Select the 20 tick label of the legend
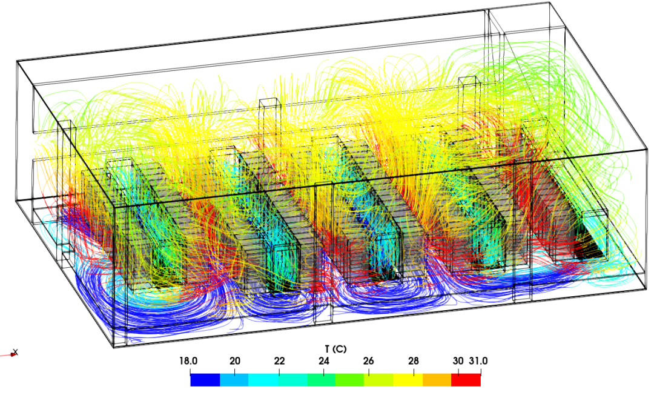pos(235,361)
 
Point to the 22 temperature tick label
pos(279,361)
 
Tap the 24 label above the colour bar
pos(324,361)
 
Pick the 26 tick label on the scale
pos(369,361)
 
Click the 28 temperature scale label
pos(414,361)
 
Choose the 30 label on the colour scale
pos(458,361)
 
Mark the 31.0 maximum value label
pos(478,361)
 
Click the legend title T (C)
pos(335,349)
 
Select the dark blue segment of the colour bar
pos(205,380)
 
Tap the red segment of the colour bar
pos(466,380)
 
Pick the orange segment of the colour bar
pos(437,380)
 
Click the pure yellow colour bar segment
pos(408,380)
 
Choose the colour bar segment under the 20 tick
pos(234,380)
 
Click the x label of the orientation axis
pos(15,351)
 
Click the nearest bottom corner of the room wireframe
pos(113,347)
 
